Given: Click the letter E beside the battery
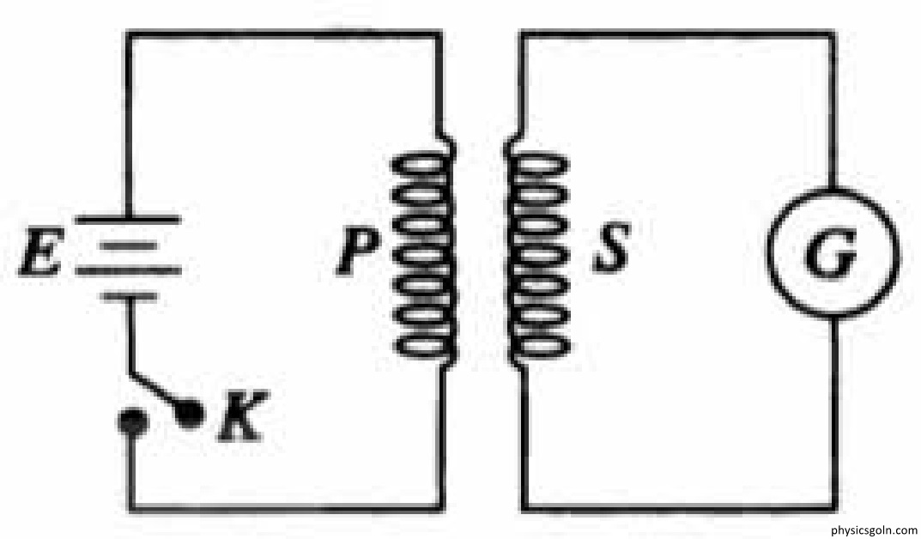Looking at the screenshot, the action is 40,252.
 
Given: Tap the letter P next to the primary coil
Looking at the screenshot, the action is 356,251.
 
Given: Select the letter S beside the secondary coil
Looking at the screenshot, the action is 611,248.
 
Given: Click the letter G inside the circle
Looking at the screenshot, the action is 831,255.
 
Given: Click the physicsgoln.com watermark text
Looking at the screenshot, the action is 874,530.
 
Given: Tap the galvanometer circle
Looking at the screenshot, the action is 767,254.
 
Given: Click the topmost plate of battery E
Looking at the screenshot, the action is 128,220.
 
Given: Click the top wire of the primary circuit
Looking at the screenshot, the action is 285,34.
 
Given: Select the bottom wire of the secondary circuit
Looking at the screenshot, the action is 679,508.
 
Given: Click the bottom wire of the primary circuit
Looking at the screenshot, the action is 287,508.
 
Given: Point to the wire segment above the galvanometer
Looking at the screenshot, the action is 833,112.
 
